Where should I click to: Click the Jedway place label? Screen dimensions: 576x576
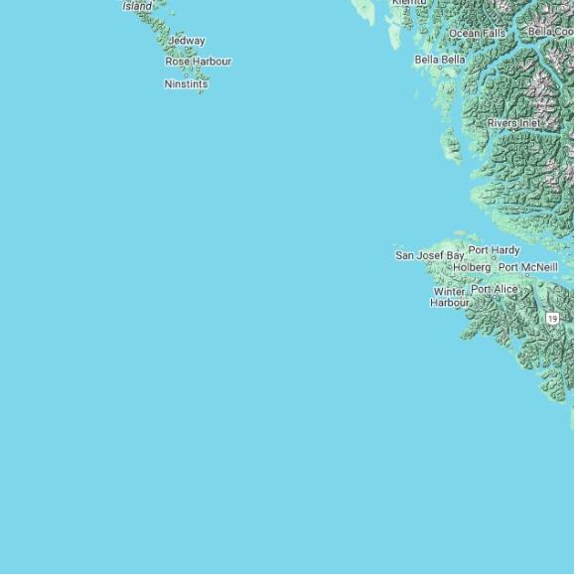(187, 41)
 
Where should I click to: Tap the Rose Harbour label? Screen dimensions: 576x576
(198, 62)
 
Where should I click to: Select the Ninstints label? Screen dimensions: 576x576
(186, 84)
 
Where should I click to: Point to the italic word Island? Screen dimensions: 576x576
(138, 6)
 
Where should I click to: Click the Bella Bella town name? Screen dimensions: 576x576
(440, 60)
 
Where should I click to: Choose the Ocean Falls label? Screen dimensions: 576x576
(477, 33)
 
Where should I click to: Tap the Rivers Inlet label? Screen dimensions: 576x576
(514, 123)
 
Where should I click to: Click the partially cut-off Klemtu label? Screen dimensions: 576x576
(409, 3)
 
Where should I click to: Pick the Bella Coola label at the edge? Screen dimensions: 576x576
(550, 32)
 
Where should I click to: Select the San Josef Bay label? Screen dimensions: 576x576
(429, 255)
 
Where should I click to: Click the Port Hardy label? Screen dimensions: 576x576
(494, 250)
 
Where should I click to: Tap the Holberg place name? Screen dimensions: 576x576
(472, 267)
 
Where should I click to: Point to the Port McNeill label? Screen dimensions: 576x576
(527, 267)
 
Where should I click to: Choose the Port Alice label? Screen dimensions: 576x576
(495, 289)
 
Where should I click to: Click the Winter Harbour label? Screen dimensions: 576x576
(449, 297)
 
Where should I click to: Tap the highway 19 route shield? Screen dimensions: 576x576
(552, 318)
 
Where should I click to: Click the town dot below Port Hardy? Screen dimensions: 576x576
(495, 259)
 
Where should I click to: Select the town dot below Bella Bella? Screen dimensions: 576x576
(441, 70)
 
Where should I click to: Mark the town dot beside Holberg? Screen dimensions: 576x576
(449, 267)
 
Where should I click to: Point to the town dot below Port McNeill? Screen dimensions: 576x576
(527, 276)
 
